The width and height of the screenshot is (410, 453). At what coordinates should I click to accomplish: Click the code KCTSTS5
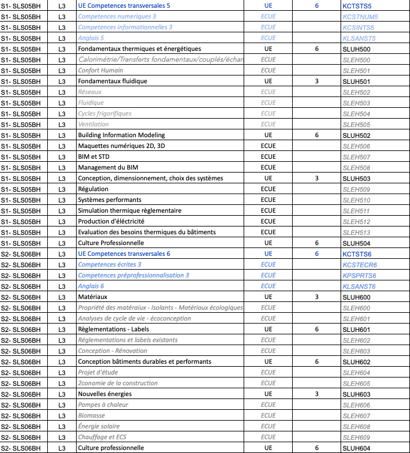point(357,5)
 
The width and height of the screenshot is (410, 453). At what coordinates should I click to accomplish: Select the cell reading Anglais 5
point(91,38)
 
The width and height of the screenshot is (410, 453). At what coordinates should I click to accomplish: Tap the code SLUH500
point(356,49)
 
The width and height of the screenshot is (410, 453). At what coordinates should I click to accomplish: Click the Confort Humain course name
point(101,70)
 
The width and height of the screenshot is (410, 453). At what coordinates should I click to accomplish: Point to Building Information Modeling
point(122,135)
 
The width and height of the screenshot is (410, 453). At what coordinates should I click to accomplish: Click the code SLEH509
point(356,189)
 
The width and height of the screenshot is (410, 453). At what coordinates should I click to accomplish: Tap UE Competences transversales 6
point(124,253)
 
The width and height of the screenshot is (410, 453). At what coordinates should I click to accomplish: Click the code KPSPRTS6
point(359,275)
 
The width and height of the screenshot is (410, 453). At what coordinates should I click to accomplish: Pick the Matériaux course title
point(93,297)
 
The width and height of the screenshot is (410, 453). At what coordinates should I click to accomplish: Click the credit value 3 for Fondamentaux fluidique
point(317,81)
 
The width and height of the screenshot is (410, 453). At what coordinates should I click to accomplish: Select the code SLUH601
point(356,329)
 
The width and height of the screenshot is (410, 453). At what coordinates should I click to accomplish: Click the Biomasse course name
point(92,415)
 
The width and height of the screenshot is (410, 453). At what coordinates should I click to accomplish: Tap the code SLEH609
point(356,437)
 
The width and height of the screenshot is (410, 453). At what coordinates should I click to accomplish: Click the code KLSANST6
point(359,286)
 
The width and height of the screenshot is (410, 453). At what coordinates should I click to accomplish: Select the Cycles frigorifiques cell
point(105,113)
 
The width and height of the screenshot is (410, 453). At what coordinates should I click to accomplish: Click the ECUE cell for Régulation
point(268,189)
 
